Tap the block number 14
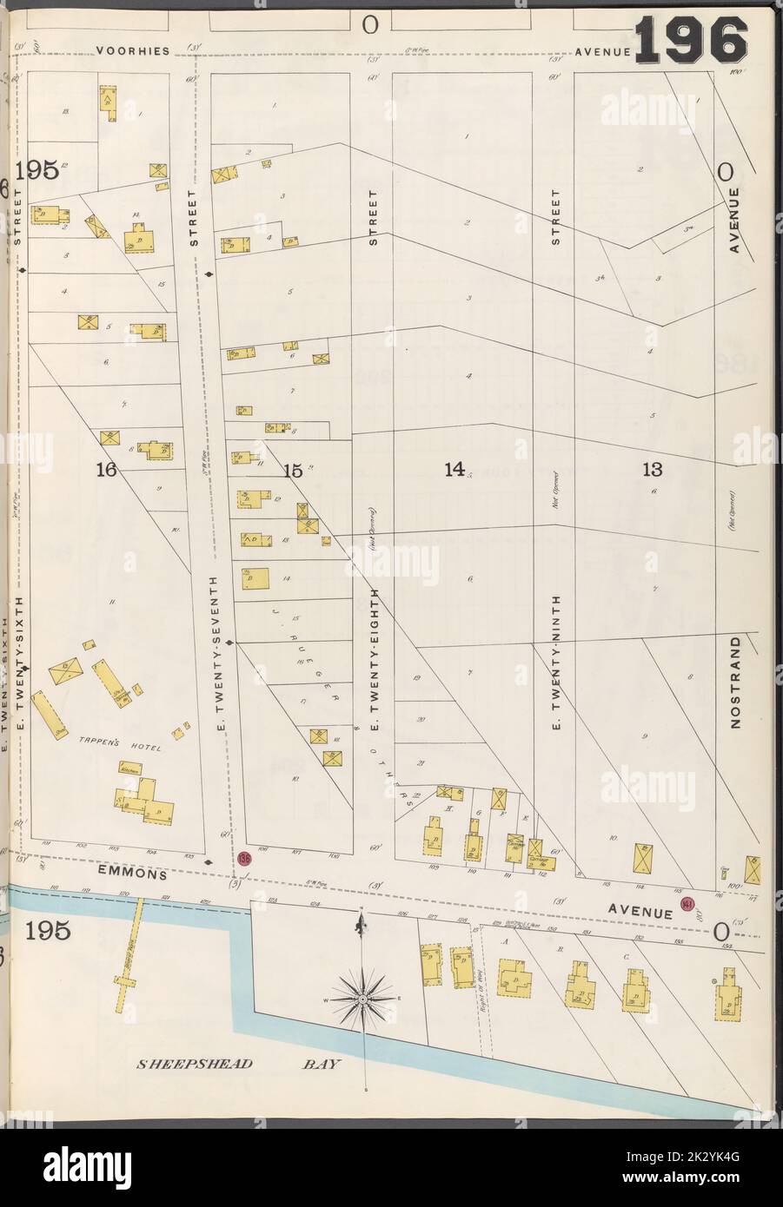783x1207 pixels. [x=454, y=470]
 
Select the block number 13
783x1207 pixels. [x=653, y=470]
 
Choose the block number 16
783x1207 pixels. [x=106, y=471]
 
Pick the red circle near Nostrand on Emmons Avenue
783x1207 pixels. [x=687, y=904]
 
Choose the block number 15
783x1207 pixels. [x=292, y=471]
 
